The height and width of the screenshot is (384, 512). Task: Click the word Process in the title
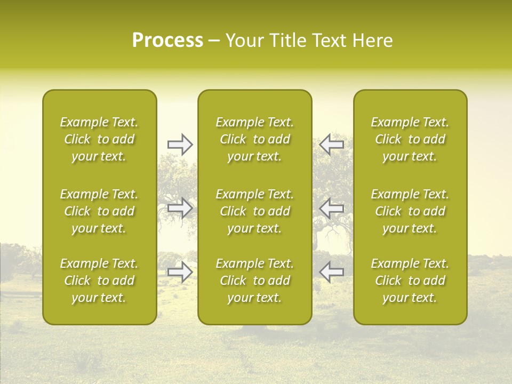point(167,41)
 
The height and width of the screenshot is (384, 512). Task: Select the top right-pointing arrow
point(180,144)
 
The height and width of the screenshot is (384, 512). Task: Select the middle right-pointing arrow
point(180,208)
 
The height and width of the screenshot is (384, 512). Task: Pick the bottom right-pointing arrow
point(180,272)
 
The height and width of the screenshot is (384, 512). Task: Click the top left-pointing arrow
point(331,144)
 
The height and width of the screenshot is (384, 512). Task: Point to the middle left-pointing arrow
point(331,208)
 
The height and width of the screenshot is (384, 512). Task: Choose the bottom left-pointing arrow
point(331,272)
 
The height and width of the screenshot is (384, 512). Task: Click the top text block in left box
point(99,139)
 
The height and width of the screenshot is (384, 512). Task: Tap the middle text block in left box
point(99,211)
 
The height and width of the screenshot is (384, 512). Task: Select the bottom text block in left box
point(99,281)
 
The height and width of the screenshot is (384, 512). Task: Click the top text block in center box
point(255,139)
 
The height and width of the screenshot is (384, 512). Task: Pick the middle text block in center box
point(255,211)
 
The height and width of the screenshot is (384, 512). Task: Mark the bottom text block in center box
point(255,281)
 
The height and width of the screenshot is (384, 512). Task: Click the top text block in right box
point(410,139)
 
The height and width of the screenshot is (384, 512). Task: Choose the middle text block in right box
point(410,211)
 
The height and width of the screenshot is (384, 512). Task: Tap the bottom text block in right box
point(410,281)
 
